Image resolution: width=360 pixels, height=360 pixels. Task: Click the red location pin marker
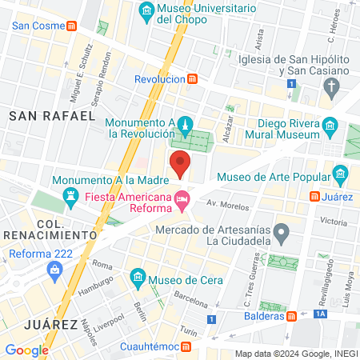pyautogui.click(x=181, y=163)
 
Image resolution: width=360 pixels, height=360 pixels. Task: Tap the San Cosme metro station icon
pyautogui.click(x=72, y=25)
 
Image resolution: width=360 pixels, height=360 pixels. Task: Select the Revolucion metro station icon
pyautogui.click(x=192, y=79)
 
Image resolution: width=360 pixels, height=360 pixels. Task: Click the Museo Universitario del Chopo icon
pyautogui.click(x=146, y=10)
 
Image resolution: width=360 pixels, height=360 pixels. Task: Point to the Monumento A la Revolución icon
pyautogui.click(x=185, y=124)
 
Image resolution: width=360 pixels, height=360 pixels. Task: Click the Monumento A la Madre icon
pyautogui.click(x=70, y=195)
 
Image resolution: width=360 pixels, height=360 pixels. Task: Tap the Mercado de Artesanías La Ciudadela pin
pyautogui.click(x=280, y=234)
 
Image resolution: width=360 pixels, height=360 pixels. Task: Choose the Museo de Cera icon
pyautogui.click(x=138, y=278)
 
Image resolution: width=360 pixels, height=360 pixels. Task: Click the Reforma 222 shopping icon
pyautogui.click(x=54, y=270)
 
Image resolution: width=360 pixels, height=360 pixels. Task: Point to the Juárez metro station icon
pyautogui.click(x=317, y=195)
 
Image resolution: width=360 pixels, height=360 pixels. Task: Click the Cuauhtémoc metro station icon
pyautogui.click(x=186, y=347)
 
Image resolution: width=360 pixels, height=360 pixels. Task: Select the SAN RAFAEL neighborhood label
pyautogui.click(x=52, y=116)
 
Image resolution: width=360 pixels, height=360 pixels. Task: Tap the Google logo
pyautogui.click(x=26, y=350)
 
